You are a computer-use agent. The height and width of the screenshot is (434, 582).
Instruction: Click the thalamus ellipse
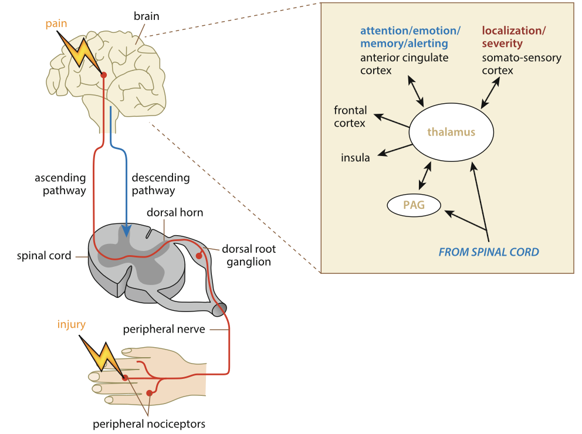tap(451, 133)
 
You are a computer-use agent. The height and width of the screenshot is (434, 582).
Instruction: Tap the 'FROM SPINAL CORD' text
tap(489, 252)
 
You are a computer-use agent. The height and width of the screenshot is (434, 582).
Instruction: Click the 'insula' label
tap(356, 158)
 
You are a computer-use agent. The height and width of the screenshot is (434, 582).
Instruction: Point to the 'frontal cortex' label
tap(350, 117)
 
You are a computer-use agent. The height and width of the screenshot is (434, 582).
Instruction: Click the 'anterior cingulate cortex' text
tap(404, 64)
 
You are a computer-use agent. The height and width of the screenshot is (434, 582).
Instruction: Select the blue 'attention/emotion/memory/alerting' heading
tap(410, 36)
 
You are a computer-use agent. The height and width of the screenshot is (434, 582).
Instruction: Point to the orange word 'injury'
tap(72, 324)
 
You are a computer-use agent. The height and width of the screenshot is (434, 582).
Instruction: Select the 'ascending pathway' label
tap(60, 184)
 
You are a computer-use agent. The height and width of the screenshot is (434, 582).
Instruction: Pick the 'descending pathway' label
tap(161, 184)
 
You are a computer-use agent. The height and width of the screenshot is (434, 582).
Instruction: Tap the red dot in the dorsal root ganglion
tap(199, 256)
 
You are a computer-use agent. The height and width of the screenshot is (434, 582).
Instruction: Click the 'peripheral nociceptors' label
tap(150, 423)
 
